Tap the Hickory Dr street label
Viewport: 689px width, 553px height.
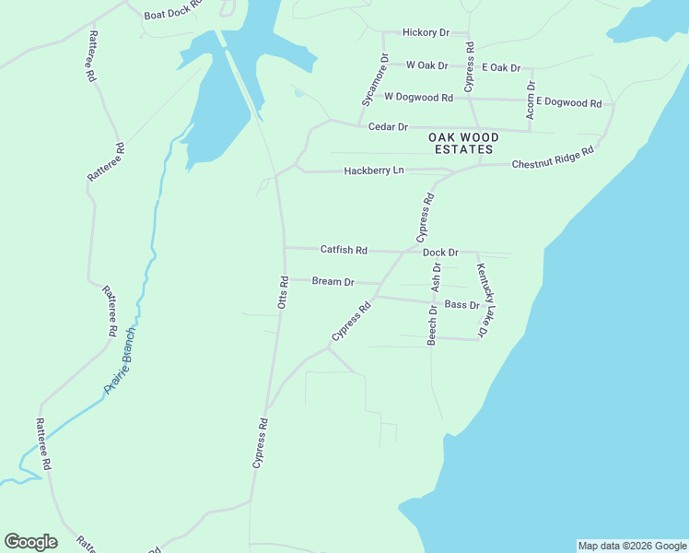[x=426, y=32]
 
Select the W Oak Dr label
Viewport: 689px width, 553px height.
[x=426, y=65]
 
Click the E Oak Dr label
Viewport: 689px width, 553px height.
[x=501, y=68]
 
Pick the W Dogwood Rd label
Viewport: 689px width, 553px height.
[x=418, y=97]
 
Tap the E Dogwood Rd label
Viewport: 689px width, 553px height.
[x=568, y=102]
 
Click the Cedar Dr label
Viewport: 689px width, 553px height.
[x=388, y=126]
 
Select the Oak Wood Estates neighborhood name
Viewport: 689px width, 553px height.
[x=461, y=142]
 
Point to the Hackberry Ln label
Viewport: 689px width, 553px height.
[x=374, y=171]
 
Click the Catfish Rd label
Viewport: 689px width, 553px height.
[x=344, y=250]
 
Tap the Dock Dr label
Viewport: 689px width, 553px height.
[x=440, y=253]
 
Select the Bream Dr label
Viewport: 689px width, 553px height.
[x=333, y=281]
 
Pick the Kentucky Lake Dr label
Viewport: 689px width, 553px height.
[x=483, y=299]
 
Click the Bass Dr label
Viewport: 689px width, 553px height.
[x=461, y=304]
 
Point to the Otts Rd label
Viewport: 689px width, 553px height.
[x=285, y=291]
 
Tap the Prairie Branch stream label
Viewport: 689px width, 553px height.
[x=120, y=360]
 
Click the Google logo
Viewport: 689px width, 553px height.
[x=30, y=542]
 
